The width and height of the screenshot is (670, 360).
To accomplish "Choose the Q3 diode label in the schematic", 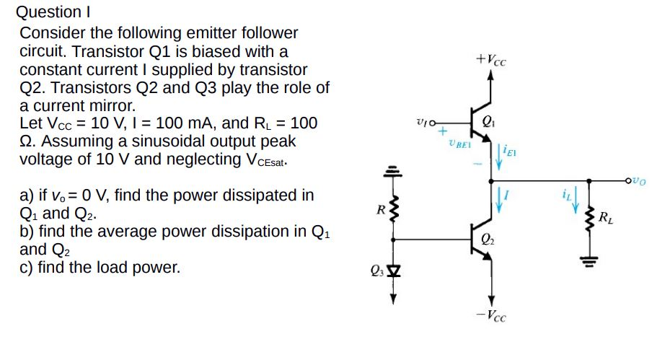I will (377, 272).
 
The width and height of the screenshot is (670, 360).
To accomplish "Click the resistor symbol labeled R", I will (393, 211).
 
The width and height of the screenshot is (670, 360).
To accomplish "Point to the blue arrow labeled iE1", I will (496, 154).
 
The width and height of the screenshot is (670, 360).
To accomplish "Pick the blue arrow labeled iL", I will (576, 203).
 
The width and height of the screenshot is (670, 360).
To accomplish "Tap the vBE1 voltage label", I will (459, 144).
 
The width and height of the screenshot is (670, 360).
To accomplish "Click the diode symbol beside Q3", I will (393, 272).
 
